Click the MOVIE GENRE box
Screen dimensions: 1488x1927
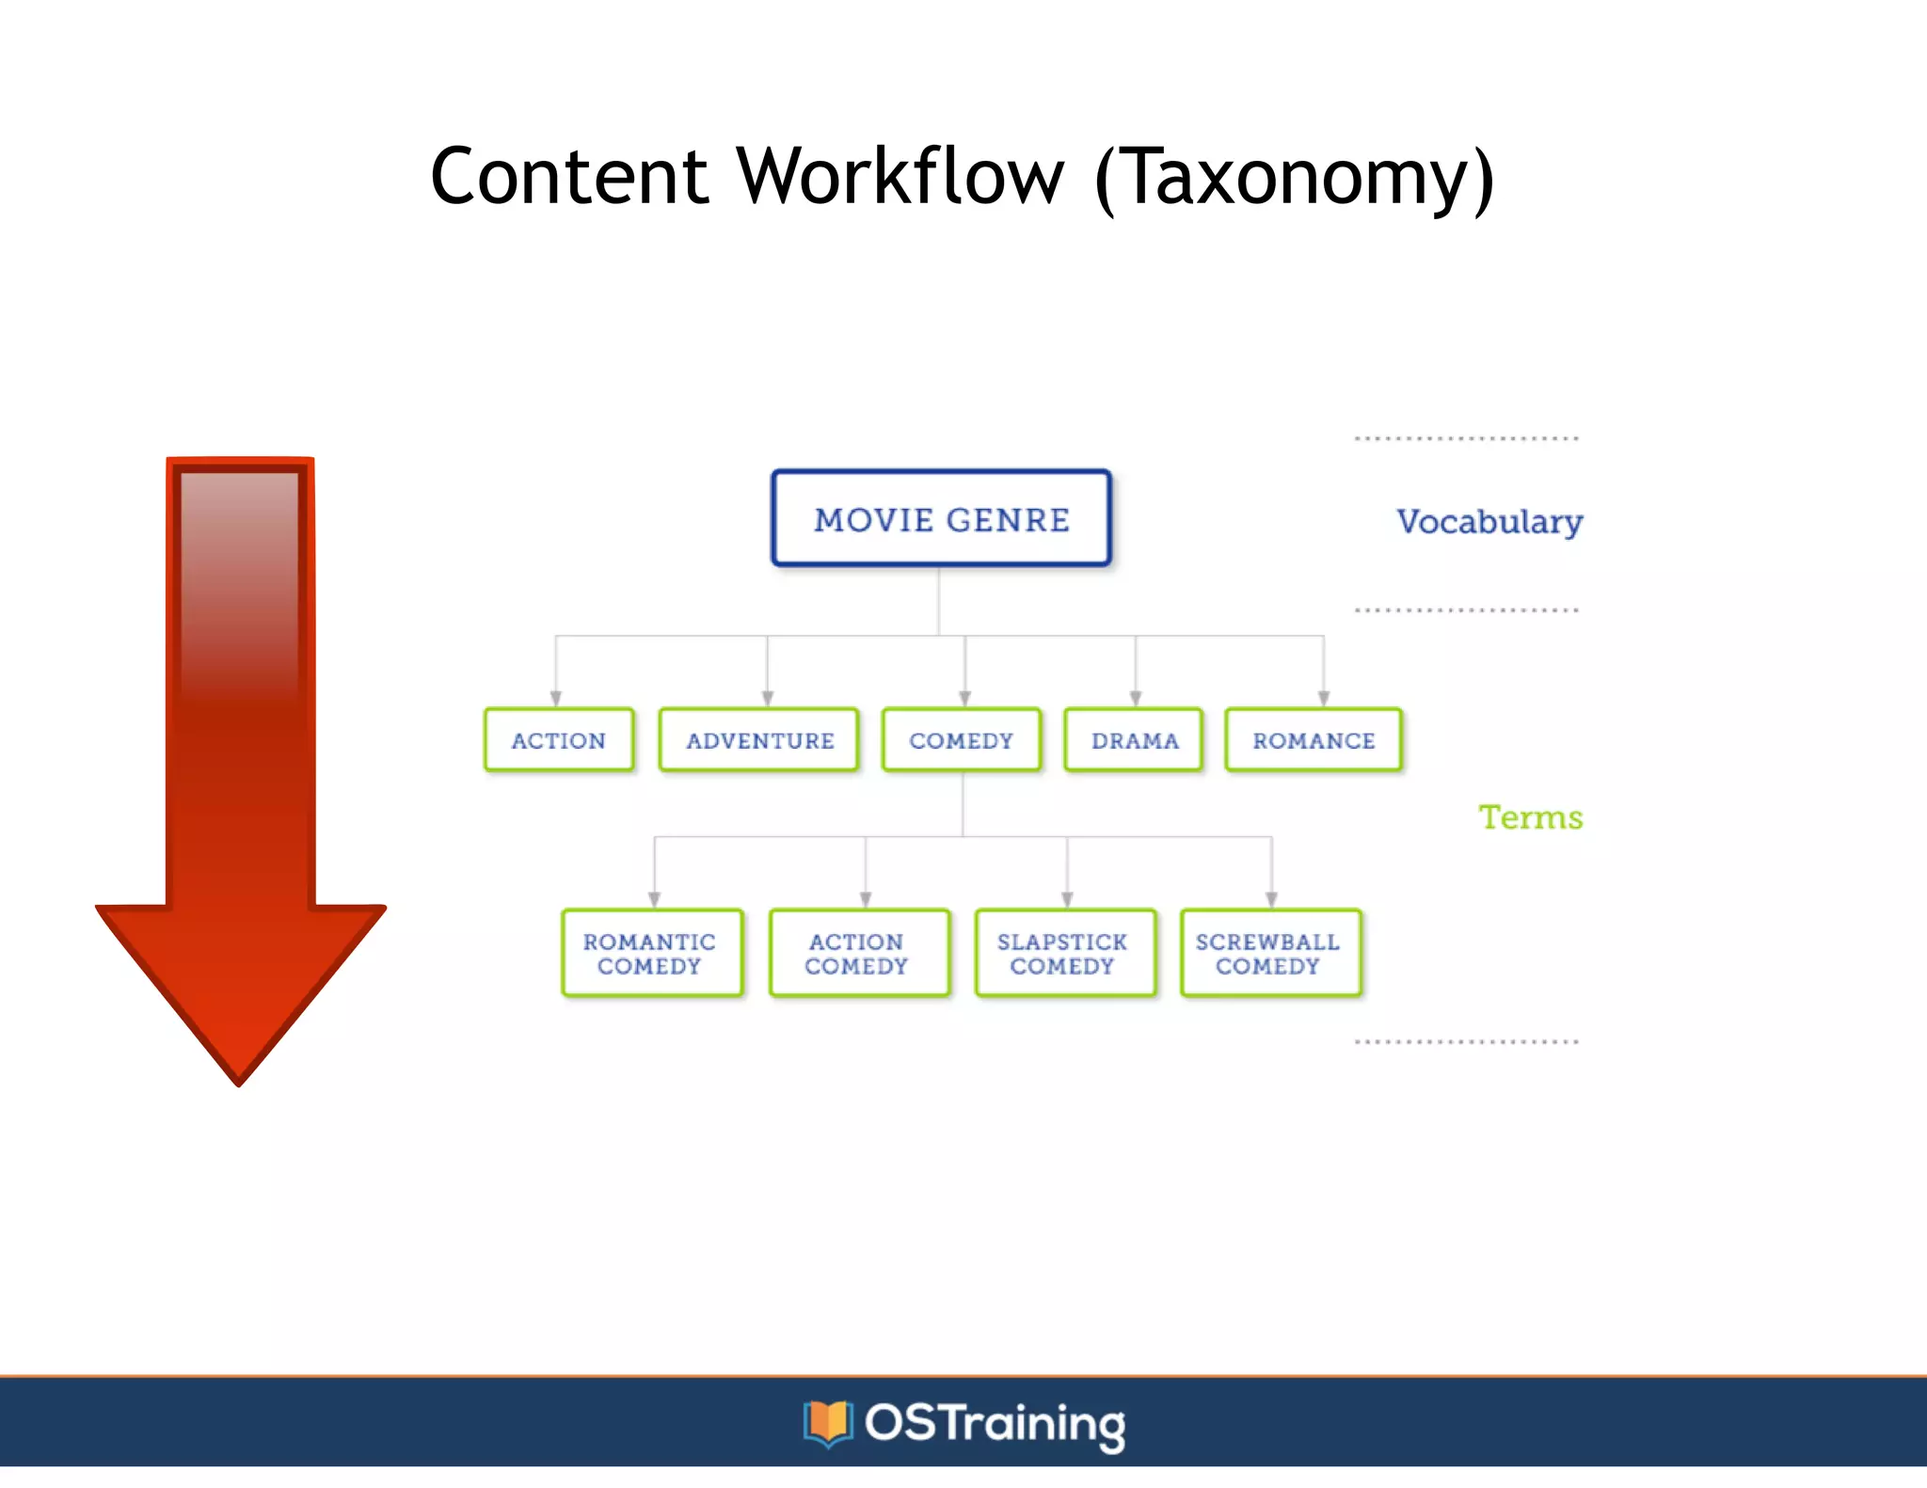[x=941, y=519]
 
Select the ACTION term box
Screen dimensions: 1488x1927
[x=559, y=740]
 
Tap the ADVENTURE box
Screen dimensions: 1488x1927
[x=759, y=740]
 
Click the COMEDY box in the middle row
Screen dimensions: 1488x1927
[x=961, y=740]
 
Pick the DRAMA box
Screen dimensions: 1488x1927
[x=1134, y=740]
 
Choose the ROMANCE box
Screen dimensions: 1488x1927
[x=1314, y=740]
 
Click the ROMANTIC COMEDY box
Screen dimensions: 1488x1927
[x=650, y=953]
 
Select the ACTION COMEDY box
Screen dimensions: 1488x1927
[x=857, y=953]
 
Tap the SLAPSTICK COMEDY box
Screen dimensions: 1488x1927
[x=1063, y=953]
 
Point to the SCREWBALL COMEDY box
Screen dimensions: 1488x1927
[x=1269, y=953]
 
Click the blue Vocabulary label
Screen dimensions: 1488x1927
[x=1489, y=522]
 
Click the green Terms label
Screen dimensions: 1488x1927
[x=1530, y=817]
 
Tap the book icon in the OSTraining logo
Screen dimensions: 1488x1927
[x=827, y=1423]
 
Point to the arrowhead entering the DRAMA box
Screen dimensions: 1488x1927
[x=1136, y=699]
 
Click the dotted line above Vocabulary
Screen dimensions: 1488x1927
[x=1466, y=438]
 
